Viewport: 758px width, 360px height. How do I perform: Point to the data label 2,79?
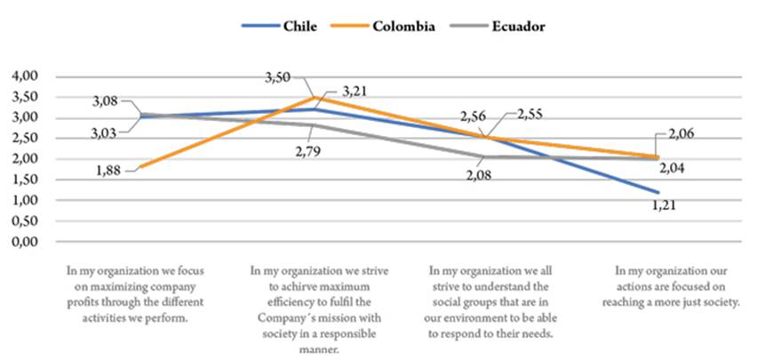click(x=313, y=152)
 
